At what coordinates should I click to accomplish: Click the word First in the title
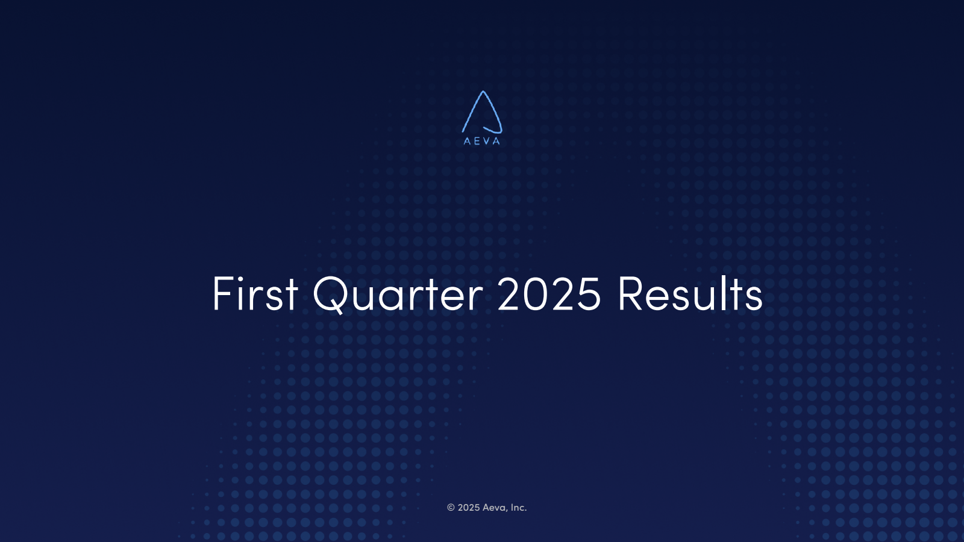pos(255,293)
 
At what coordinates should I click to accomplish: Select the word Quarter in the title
pos(398,294)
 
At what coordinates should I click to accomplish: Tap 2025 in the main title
pos(549,293)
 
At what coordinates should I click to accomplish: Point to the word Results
pos(690,293)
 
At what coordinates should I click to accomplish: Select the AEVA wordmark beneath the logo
pos(482,141)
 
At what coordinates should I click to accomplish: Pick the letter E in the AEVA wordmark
pos(477,141)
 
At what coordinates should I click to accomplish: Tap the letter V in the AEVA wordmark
pos(486,141)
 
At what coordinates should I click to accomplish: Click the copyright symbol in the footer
pos(451,508)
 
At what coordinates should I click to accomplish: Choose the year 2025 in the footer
pos(469,508)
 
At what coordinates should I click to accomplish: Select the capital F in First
pos(222,293)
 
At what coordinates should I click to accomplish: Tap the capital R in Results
pos(630,293)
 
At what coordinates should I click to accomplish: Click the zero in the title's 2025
pos(536,293)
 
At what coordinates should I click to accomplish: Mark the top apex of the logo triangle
pos(483,91)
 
